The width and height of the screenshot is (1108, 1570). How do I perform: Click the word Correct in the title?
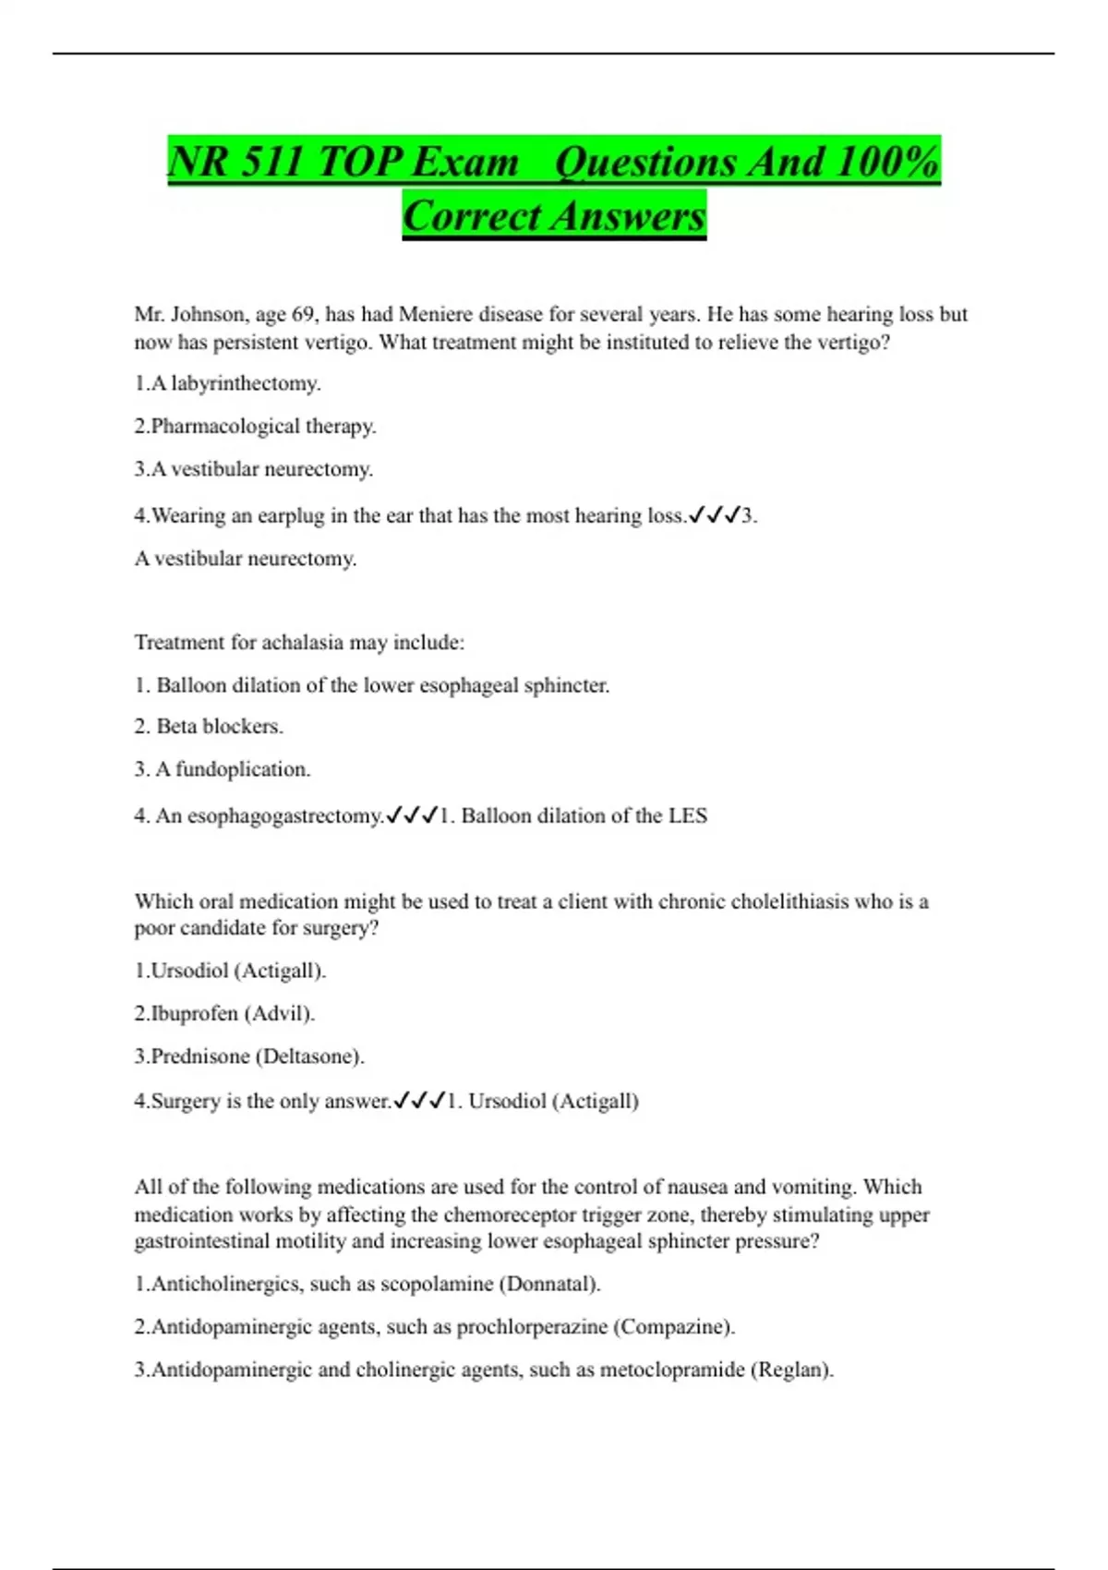471,216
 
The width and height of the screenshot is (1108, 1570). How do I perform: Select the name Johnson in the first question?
210,314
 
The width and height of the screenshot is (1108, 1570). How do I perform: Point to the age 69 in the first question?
304,314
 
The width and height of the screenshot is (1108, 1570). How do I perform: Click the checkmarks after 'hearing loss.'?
715,515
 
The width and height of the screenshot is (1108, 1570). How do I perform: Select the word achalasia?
343,642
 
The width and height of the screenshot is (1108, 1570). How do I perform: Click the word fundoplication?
243,768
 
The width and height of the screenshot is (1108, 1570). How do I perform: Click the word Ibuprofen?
194,1013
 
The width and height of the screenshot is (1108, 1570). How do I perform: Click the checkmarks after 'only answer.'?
419,1101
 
